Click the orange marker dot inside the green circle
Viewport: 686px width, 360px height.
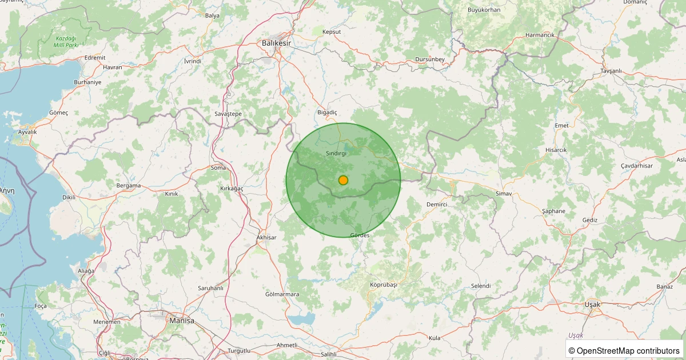343,180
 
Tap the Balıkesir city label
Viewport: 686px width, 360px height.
276,43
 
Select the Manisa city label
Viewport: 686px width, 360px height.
182,321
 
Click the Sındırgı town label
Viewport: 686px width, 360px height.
336,153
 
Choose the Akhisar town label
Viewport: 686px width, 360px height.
266,237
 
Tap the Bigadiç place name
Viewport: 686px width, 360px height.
328,113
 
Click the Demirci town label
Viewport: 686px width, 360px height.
436,204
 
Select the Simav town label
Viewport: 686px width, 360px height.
504,194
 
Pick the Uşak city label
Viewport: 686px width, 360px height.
593,304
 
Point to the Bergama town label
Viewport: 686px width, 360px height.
129,185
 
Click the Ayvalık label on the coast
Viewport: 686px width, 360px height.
27,132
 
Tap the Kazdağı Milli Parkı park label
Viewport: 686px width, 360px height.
65,41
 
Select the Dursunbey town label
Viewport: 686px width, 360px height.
430,59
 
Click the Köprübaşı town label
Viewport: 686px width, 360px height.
383,284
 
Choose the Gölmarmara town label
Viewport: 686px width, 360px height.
282,294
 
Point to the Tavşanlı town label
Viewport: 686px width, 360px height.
611,70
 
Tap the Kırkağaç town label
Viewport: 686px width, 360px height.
232,188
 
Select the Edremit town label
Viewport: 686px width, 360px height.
95,58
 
